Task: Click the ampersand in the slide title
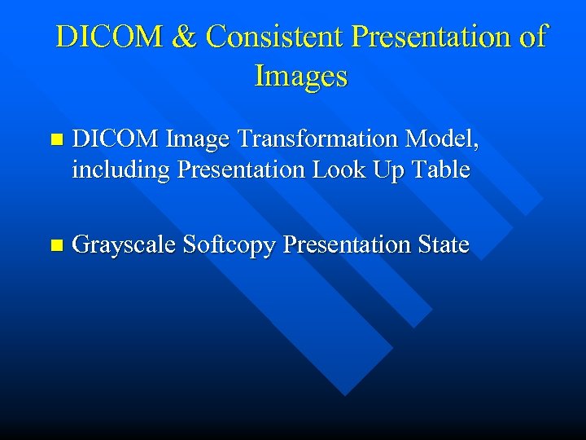187,37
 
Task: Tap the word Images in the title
301,76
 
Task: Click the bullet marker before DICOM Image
55,140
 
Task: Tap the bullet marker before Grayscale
55,244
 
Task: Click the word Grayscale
124,244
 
